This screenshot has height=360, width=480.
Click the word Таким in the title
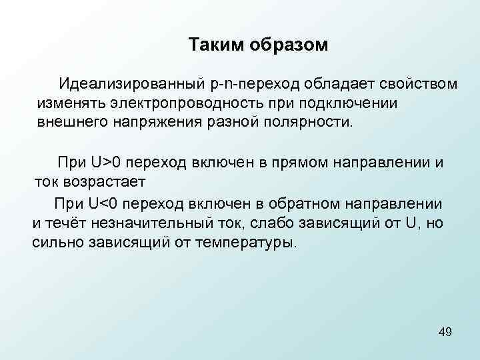(x=217, y=45)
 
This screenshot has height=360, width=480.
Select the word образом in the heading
(x=291, y=45)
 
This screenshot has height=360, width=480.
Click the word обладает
(x=341, y=85)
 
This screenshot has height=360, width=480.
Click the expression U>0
(x=105, y=162)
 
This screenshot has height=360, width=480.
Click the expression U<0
(x=103, y=203)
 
